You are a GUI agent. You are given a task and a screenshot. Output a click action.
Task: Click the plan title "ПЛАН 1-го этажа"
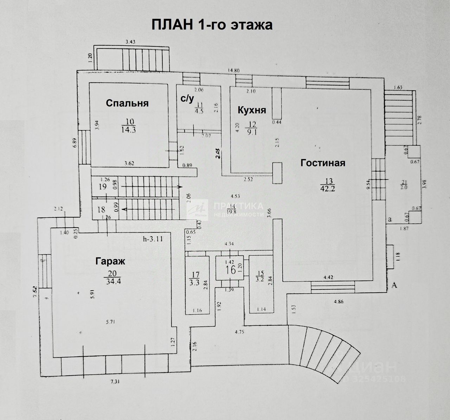point(212,25)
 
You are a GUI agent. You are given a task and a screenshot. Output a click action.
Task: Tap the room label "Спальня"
point(127,103)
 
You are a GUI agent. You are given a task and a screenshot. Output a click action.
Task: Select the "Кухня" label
point(252,110)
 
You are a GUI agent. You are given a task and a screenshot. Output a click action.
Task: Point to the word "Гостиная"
point(323,163)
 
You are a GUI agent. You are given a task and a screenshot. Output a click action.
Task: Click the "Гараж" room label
point(110,261)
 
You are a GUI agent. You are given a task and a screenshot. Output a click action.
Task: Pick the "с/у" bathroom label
point(187,99)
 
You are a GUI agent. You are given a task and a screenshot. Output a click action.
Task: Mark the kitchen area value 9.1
point(253,133)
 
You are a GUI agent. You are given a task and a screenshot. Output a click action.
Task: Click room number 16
point(231,271)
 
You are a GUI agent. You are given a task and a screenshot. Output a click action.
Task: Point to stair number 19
point(103,186)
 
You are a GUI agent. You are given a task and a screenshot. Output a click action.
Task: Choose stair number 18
point(101,210)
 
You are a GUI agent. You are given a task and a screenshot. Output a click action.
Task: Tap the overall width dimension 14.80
point(233,70)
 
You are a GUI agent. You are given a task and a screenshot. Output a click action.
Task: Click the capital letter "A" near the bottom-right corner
point(394,286)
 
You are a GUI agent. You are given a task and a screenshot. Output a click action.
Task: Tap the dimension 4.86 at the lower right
point(339,301)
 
